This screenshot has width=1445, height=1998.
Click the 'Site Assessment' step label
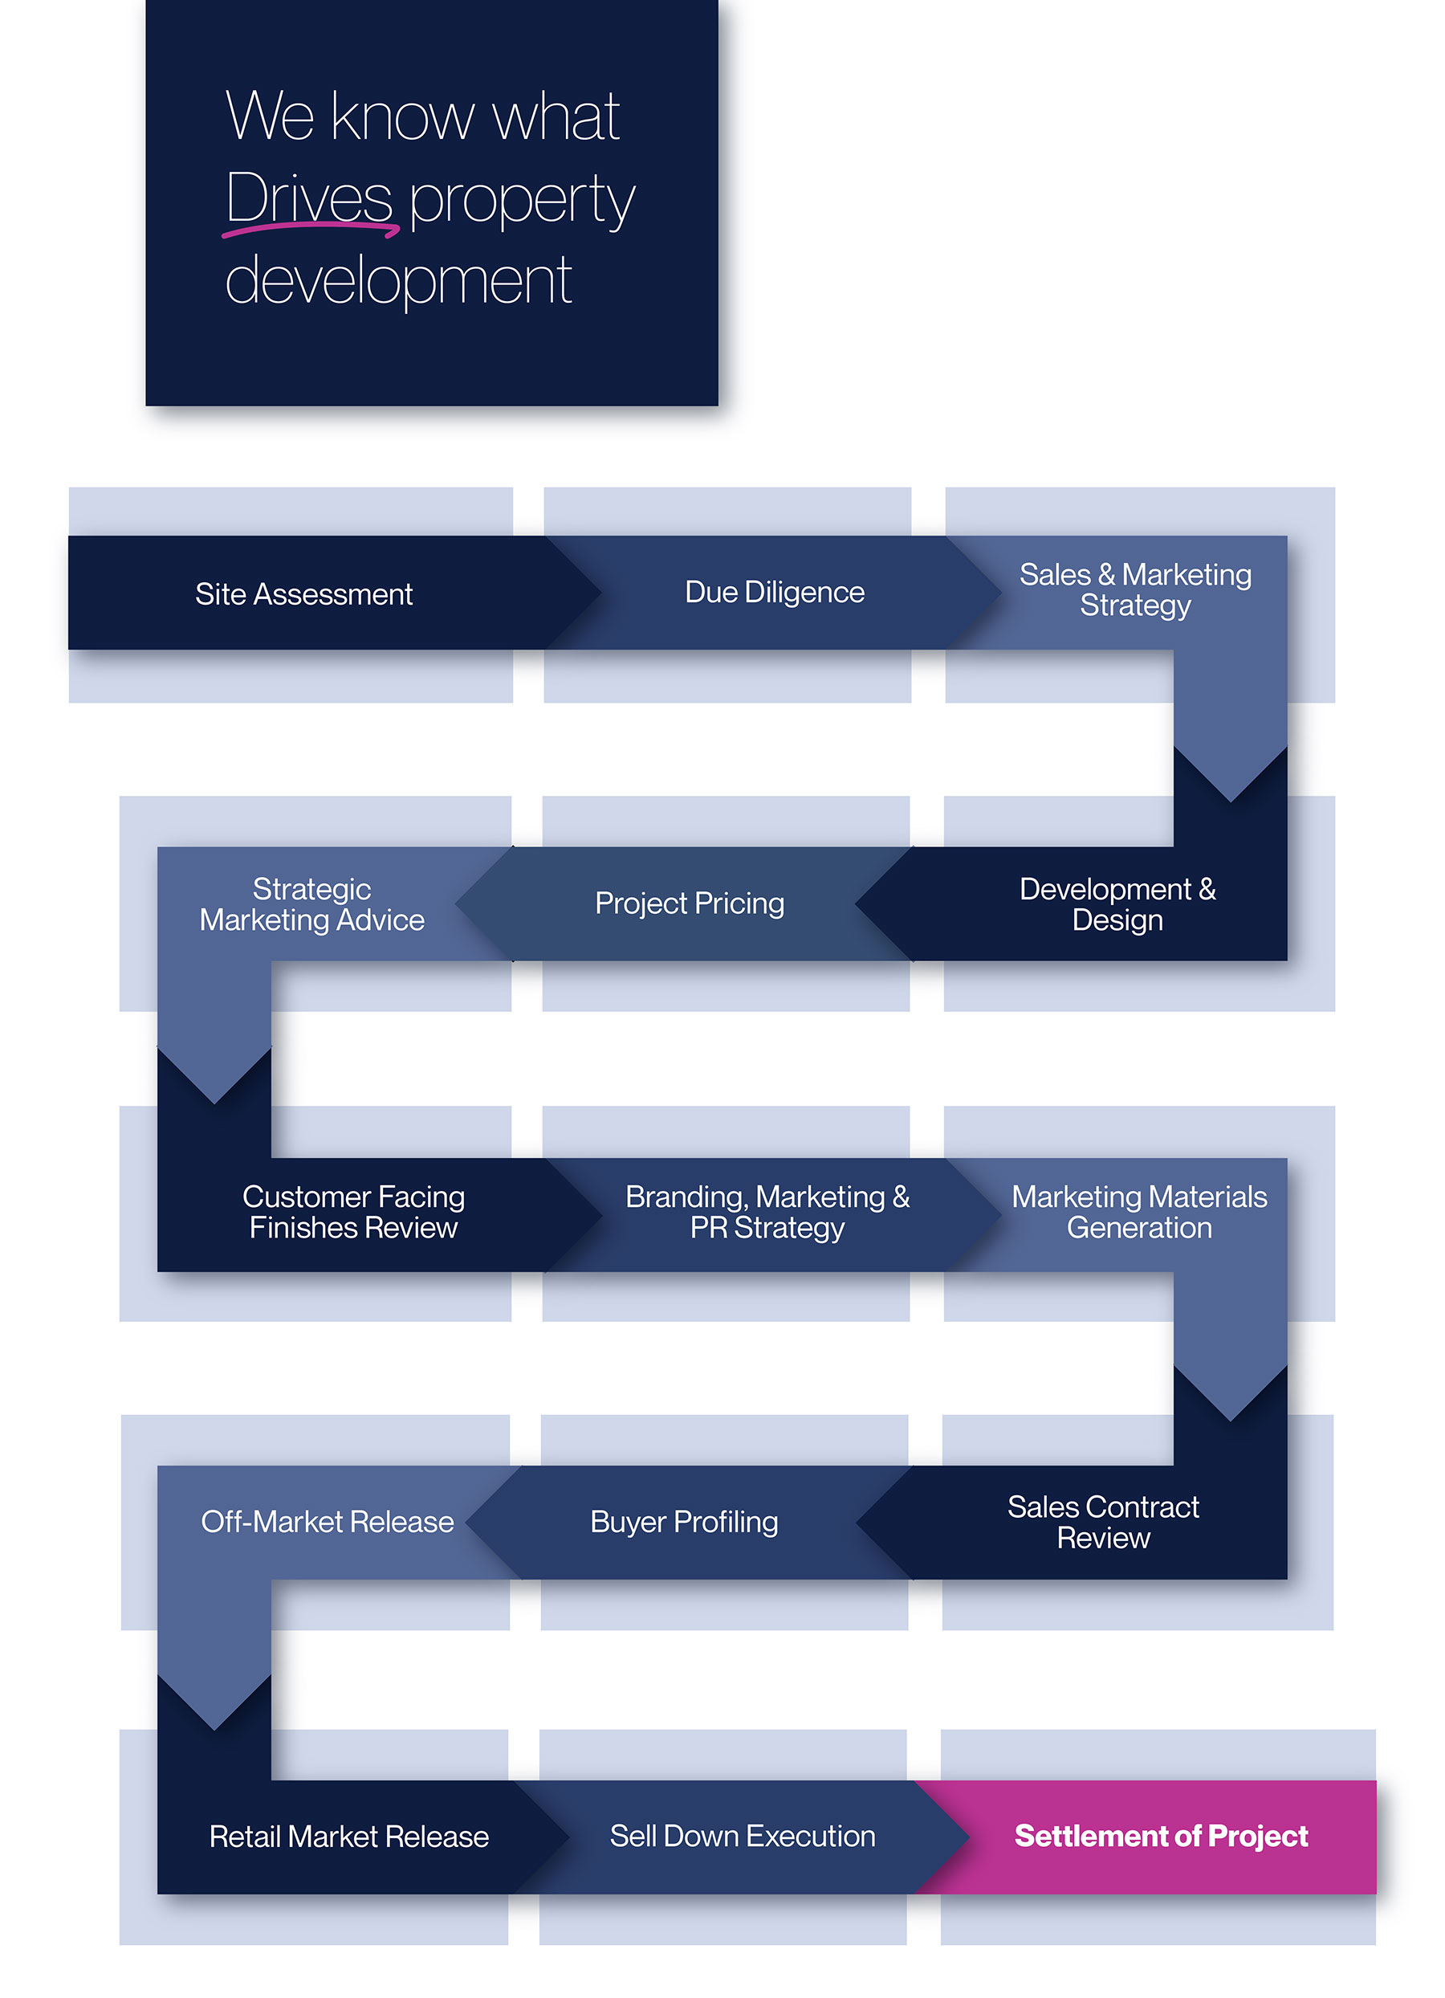pos(303,594)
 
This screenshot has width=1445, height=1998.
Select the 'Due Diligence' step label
pos(774,593)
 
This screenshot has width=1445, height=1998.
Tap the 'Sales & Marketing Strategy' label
pos(1135,590)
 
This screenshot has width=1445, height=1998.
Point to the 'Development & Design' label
pos(1117,905)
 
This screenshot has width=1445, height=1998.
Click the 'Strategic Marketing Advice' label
pos(311,905)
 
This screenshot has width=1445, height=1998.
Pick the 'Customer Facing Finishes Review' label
pos(353,1212)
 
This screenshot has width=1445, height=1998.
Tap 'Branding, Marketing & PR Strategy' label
pos(767,1212)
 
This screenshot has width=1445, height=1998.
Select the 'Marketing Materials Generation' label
pos(1138,1212)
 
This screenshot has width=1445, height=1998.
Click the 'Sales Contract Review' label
pos(1102,1523)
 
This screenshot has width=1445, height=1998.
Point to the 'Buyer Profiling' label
pos(684,1523)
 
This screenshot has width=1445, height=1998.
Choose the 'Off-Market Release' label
pos(327,1523)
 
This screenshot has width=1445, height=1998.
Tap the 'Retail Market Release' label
pos(348,1837)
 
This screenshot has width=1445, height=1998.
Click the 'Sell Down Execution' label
pos(743,1836)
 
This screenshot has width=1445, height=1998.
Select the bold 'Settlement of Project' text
pos(1161,1836)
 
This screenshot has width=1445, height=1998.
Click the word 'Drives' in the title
pos(309,198)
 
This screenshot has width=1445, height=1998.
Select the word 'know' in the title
pos(402,117)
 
